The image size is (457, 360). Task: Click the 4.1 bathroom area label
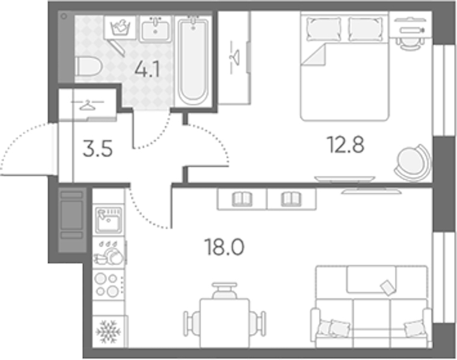tap(148, 70)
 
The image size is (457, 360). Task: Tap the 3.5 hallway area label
tap(97, 149)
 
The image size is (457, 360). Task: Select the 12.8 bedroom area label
tap(346, 145)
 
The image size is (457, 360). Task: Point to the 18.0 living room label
tap(225, 247)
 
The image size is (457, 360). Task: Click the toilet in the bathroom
tap(88, 67)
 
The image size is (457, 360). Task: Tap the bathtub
tap(193, 61)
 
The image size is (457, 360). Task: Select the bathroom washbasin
tap(156, 29)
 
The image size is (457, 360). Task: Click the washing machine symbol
tap(120, 28)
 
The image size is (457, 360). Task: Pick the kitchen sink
tap(109, 220)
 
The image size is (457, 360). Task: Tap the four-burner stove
tap(107, 284)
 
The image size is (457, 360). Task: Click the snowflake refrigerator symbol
tap(108, 332)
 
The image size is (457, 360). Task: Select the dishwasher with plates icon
tap(109, 253)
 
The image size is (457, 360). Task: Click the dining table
tap(225, 323)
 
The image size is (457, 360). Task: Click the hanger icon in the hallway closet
tap(88, 105)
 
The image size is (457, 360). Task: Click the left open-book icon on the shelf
tap(241, 199)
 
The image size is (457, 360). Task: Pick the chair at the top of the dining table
tap(225, 290)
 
